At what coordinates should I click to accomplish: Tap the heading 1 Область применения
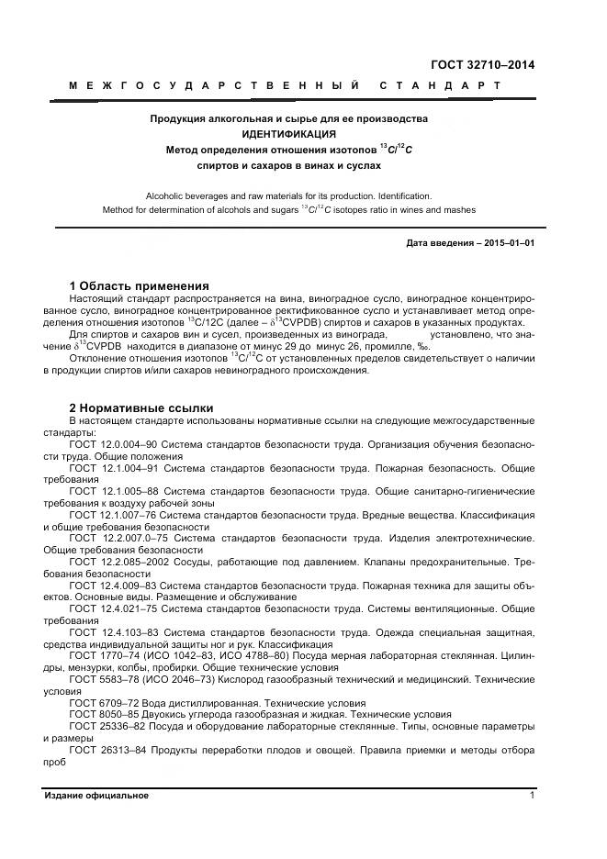click(x=140, y=285)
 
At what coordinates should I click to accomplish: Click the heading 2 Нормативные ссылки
click(x=141, y=407)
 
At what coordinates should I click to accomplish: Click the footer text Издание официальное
click(x=96, y=796)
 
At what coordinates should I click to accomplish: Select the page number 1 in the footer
click(x=532, y=796)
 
